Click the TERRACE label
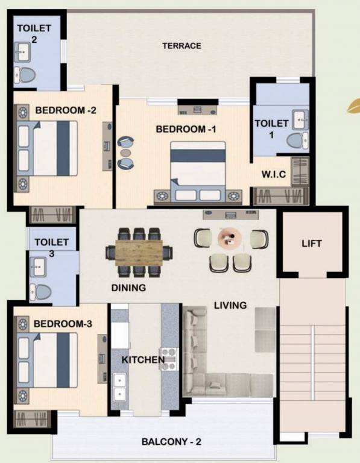182,46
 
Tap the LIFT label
312,244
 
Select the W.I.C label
273,175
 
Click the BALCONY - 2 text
171,442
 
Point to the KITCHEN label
143,360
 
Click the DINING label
128,288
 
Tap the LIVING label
230,306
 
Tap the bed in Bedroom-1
198,169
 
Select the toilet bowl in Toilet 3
42,291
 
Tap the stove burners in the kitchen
167,358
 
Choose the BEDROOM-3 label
63,324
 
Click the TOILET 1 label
268,129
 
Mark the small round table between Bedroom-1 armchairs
126,153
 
